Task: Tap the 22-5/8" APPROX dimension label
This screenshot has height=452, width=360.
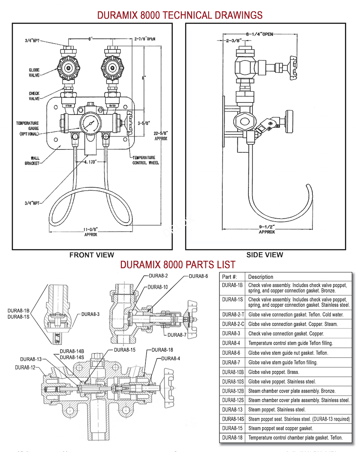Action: point(161,136)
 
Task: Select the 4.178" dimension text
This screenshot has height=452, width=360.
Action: point(90,161)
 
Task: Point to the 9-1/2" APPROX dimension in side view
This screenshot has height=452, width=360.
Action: point(267,229)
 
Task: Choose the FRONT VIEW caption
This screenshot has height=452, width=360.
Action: point(92,255)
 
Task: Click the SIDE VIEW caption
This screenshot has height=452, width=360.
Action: point(265,255)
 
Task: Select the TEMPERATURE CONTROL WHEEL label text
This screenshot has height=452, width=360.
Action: point(146,160)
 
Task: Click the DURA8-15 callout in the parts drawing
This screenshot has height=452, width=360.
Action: point(125,350)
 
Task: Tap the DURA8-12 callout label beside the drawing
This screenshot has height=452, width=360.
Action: point(25,367)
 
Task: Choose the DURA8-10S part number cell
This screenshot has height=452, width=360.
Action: point(233,381)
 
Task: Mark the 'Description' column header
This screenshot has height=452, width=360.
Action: point(261,277)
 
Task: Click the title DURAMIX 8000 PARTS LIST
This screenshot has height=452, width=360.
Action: point(178,264)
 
